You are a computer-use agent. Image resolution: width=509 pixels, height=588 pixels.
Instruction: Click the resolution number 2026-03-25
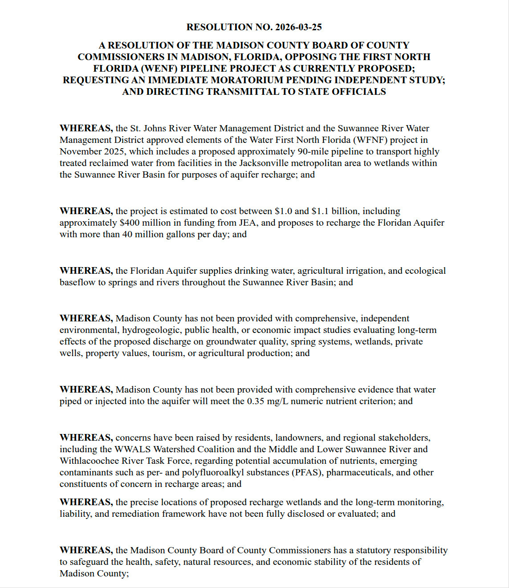(x=298, y=27)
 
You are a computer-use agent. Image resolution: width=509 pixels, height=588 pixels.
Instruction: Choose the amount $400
(x=130, y=223)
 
